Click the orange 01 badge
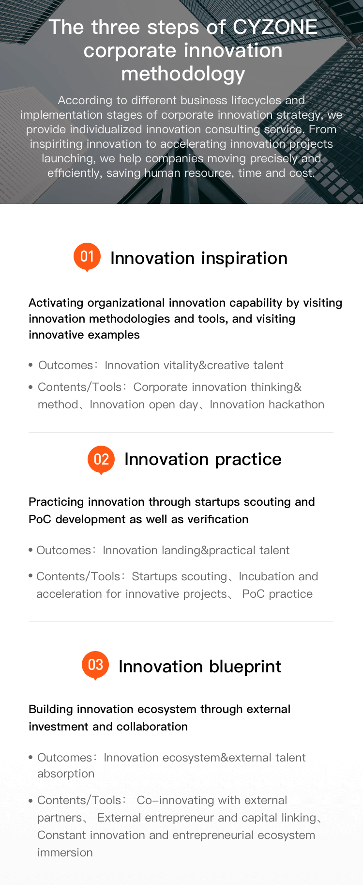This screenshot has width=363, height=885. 87,257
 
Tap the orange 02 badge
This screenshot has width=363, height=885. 101,460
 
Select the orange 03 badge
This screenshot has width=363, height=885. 95,665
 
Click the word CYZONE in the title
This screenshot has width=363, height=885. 275,27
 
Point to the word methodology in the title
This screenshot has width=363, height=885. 183,74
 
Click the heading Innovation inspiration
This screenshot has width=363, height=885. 199,258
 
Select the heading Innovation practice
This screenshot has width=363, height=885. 203,459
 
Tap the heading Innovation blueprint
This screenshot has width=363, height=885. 200,667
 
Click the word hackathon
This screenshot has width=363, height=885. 296,404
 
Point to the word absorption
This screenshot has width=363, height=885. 66,774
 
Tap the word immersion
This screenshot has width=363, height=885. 65,853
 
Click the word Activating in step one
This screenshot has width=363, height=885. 56,303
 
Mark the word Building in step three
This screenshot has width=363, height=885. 51,709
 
